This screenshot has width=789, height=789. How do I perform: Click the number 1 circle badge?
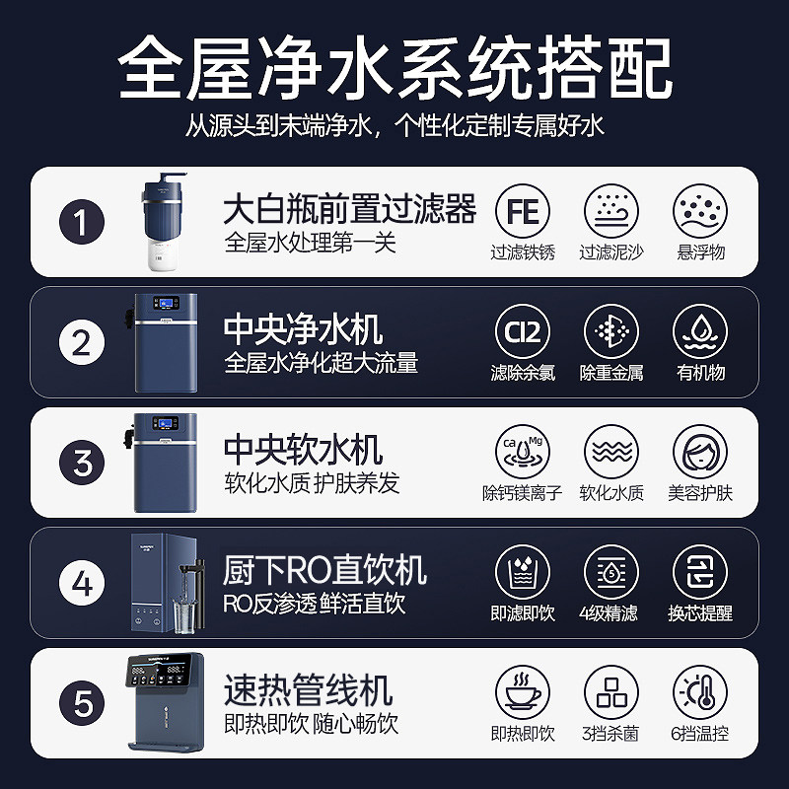pyautogui.click(x=83, y=221)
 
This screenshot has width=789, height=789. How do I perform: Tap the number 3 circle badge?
pyautogui.click(x=83, y=463)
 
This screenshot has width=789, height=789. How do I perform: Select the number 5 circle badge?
pyautogui.click(x=83, y=703)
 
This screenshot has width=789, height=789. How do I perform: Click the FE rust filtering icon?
pyautogui.click(x=523, y=211)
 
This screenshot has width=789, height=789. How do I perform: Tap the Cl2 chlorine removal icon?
pyautogui.click(x=523, y=332)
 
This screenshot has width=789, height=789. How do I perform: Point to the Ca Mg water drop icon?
pyautogui.click(x=523, y=453)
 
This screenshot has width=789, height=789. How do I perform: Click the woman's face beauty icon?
pyautogui.click(x=700, y=453)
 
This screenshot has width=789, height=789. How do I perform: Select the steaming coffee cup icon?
pyautogui.click(x=523, y=693)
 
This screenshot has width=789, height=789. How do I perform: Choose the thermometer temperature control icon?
pyautogui.click(x=700, y=693)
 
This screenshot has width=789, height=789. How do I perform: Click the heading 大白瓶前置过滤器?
pyautogui.click(x=350, y=209)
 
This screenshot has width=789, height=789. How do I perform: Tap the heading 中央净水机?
pyautogui.click(x=303, y=330)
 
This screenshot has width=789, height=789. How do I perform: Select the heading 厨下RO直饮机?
pyautogui.click(x=324, y=571)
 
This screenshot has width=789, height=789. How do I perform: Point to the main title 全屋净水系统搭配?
pyautogui.click(x=394, y=67)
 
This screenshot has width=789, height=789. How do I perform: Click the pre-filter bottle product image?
pyautogui.click(x=162, y=218)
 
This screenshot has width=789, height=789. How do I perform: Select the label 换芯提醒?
pyautogui.click(x=700, y=613)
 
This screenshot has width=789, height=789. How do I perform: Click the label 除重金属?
pyautogui.click(x=611, y=373)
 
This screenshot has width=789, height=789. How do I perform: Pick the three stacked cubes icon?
pyautogui.click(x=611, y=693)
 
